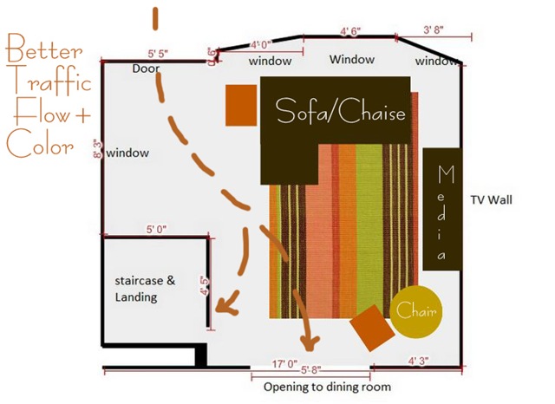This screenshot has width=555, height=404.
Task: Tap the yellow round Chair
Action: [415, 310]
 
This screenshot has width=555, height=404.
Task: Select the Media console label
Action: [445, 213]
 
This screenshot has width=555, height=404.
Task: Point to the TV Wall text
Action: [492, 199]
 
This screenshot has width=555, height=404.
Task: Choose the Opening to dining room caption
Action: [327, 387]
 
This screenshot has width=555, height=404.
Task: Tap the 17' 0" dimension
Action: [285, 365]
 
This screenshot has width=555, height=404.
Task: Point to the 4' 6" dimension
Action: [349, 31]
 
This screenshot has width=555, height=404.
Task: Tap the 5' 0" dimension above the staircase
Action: [156, 230]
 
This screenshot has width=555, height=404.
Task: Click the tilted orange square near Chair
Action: [369, 326]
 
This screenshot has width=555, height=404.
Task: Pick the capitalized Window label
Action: [351, 60]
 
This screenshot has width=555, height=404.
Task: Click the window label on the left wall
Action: [128, 153]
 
